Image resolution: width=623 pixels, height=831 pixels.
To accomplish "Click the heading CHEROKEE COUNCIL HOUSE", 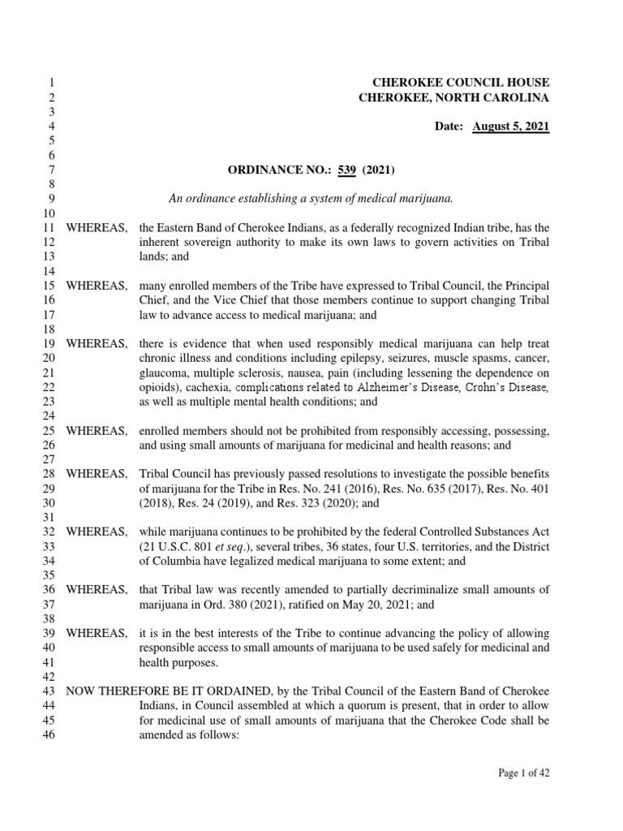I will click(x=460, y=83).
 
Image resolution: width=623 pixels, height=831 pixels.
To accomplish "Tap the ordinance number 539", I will click(x=347, y=170).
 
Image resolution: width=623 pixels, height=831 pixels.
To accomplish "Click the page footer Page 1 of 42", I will click(x=523, y=773).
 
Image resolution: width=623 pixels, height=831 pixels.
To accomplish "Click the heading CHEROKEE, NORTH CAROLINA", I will click(x=453, y=98).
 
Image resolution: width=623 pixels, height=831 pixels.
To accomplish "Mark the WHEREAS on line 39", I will click(x=96, y=633).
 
